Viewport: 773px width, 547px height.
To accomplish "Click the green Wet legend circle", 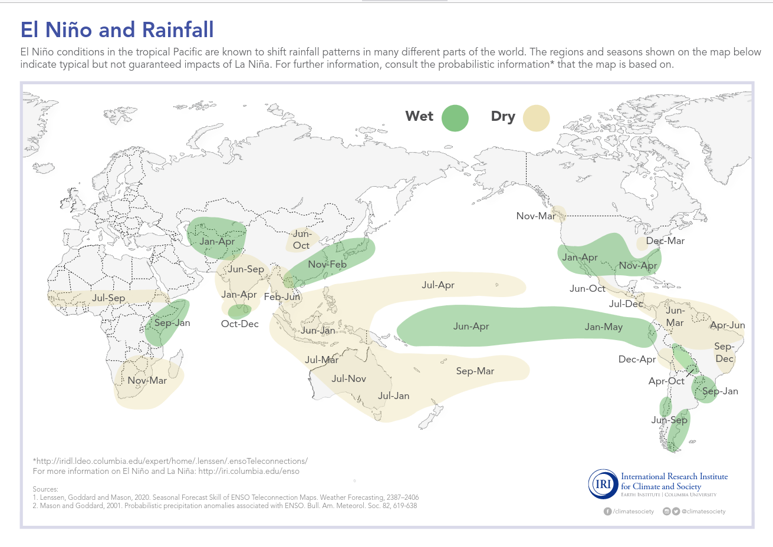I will click(455, 117).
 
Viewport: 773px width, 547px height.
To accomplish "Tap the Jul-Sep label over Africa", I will click(108, 298).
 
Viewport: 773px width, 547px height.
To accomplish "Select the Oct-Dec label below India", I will click(239, 324).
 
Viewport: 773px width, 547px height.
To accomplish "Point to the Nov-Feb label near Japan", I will click(327, 264).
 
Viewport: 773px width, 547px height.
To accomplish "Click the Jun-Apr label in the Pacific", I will click(471, 326).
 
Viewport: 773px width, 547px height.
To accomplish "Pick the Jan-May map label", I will click(603, 327).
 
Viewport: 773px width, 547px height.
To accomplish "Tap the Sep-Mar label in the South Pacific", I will click(475, 371).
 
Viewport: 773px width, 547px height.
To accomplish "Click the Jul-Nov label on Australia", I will click(348, 378).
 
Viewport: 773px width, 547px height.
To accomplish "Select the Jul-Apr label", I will click(438, 285).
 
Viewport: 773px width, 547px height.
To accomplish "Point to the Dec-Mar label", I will click(665, 240).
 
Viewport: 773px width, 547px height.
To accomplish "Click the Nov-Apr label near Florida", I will click(637, 265).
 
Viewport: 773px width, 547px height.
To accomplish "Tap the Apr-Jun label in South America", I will click(727, 325).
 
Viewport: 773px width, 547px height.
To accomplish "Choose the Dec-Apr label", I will click(637, 359).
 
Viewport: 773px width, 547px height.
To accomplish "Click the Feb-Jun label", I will click(282, 296).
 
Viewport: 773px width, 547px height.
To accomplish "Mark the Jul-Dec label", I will click(626, 304).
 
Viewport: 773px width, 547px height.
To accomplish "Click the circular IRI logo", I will click(603, 484).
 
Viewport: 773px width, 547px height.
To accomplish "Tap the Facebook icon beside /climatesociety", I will click(607, 511).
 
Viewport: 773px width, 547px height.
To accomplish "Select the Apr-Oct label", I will click(666, 381).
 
